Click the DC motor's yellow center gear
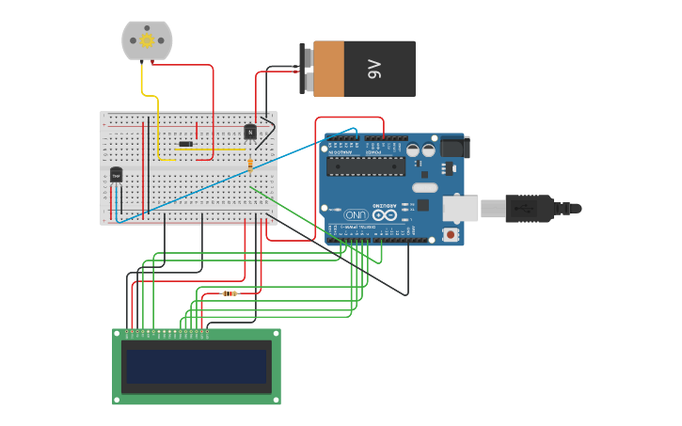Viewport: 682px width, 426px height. point(147,40)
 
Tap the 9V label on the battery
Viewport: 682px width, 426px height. point(373,68)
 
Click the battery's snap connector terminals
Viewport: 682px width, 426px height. point(304,68)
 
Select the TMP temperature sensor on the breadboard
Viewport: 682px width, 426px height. point(116,175)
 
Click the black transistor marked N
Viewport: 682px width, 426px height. point(250,133)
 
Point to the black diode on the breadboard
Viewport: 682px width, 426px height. point(186,144)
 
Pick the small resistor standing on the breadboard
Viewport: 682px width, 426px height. point(249,165)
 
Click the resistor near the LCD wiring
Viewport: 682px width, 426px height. point(230,293)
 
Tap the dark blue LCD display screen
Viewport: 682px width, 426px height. point(197,366)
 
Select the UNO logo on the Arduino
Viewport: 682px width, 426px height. point(356,215)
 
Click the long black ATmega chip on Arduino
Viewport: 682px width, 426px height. point(365,166)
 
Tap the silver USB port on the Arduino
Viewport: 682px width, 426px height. point(462,209)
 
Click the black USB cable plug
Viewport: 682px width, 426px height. point(529,208)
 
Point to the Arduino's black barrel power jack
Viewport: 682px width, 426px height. point(455,147)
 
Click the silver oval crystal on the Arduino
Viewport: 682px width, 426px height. point(424,188)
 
